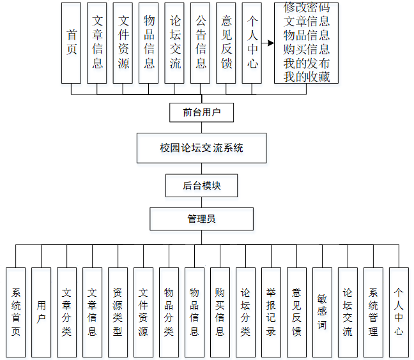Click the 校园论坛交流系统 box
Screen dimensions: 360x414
coord(201,148)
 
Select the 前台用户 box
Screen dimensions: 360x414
coord(201,113)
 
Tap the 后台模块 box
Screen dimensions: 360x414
coord(201,186)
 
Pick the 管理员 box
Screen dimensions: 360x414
coord(201,219)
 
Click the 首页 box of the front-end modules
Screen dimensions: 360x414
coord(72,43)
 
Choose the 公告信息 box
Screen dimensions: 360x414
coord(201,43)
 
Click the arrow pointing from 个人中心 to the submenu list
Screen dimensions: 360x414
coord(268,44)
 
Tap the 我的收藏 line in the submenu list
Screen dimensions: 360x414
coord(307,77)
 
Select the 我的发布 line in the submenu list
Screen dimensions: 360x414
coord(307,63)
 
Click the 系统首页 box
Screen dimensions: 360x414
coord(16,312)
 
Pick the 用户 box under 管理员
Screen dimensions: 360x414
coord(41,312)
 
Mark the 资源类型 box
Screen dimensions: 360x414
coord(118,312)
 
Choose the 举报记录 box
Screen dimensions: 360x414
coord(271,312)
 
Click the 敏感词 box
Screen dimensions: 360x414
coord(322,312)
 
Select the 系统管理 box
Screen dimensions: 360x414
coord(373,312)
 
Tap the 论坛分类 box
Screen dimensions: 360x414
coord(245,312)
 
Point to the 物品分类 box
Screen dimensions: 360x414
coord(169,312)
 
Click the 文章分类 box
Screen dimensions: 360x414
coord(66,312)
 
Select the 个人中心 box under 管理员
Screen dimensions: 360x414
coord(399,312)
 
